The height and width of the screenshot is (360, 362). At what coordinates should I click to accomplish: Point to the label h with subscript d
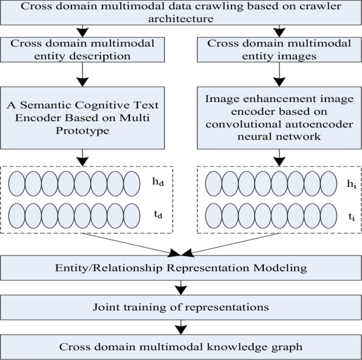156,182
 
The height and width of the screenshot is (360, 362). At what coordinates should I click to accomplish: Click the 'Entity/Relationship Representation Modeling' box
181,268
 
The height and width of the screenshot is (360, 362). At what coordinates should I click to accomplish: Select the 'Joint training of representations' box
181,307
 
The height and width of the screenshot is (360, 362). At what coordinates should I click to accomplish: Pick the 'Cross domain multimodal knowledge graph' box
181,346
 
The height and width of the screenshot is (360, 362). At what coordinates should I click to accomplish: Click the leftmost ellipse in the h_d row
17,182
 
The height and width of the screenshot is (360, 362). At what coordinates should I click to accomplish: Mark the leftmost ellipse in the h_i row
213,182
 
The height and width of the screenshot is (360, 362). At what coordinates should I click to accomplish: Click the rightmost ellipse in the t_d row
131,215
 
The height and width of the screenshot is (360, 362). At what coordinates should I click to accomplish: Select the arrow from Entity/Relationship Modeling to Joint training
181,288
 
